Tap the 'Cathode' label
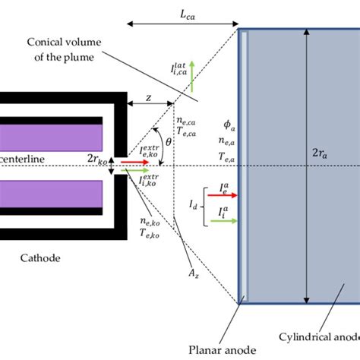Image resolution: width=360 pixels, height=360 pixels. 43,258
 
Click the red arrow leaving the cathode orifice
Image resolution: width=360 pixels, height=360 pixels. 134,162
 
